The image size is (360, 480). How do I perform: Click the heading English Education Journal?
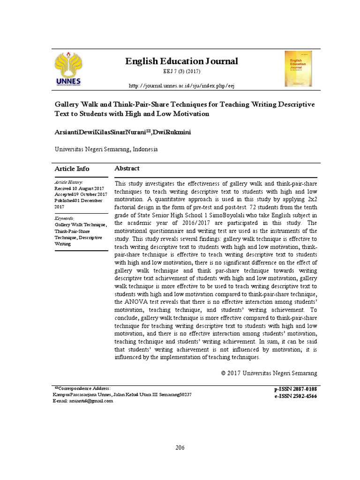(x=181, y=61)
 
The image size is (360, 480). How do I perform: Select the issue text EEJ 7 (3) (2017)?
(x=181, y=74)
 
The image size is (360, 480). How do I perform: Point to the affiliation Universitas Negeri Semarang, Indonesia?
(x=106, y=150)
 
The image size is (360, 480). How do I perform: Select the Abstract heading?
(x=127, y=168)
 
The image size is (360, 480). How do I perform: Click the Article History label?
(x=69, y=182)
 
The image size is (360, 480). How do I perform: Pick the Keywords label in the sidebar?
(x=65, y=218)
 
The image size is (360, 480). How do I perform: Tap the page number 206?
(x=180, y=448)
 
